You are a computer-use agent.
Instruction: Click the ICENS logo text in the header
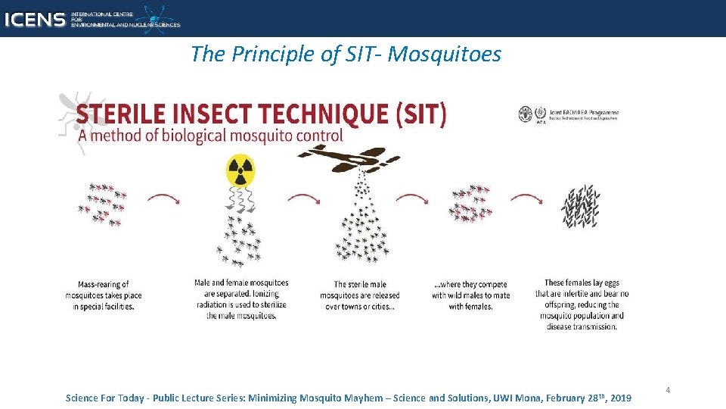click(34, 19)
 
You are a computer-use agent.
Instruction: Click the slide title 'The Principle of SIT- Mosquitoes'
click(346, 54)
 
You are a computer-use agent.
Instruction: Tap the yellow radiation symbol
click(240, 170)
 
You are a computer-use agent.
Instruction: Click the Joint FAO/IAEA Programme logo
click(569, 114)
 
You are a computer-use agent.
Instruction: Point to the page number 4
click(668, 390)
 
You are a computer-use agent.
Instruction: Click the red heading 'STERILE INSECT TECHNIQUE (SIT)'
click(261, 114)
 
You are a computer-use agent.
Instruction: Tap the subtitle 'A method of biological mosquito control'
click(209, 136)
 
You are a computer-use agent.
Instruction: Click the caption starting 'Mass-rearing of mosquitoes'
click(104, 295)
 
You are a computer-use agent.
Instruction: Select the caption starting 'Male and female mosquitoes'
click(241, 299)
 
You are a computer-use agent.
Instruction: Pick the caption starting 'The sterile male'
click(359, 295)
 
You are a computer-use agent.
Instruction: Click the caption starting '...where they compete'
click(471, 295)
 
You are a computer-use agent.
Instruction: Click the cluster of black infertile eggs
click(581, 205)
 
